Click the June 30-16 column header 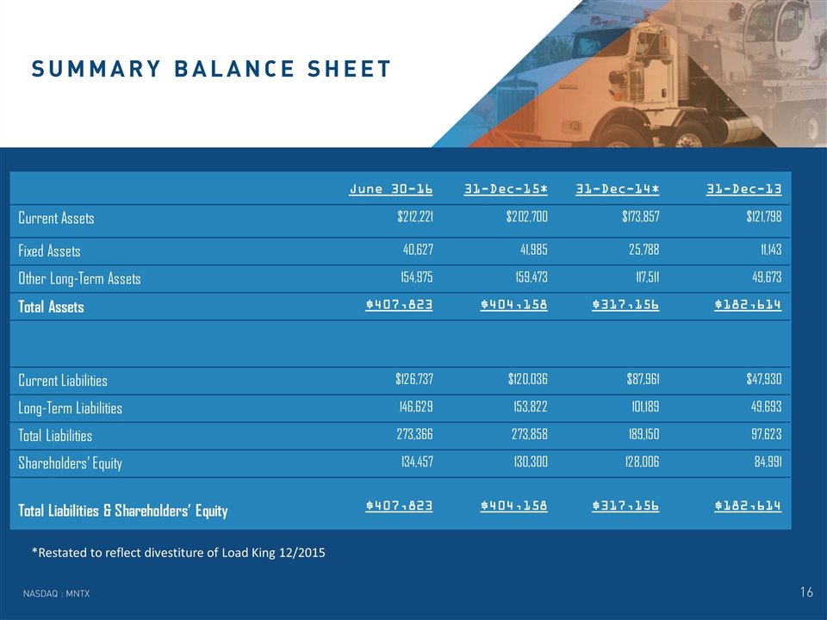coord(391,189)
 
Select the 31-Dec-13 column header coord(744,189)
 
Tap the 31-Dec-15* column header coord(506,189)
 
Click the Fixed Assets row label coord(49,251)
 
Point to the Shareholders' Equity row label coord(70,463)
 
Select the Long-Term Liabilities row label coord(70,408)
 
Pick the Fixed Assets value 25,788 coord(642,251)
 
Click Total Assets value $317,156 coord(625,305)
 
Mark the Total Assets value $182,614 coord(748,305)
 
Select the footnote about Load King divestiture coord(177,552)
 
